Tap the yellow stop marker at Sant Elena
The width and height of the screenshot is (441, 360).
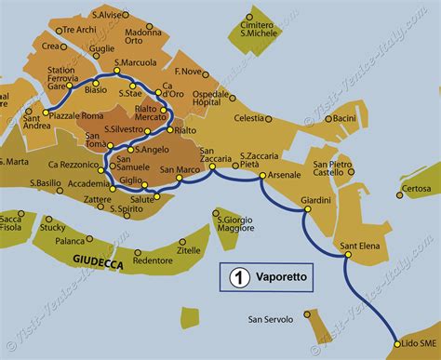coord(346,255)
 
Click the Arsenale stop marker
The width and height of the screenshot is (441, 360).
coord(262,176)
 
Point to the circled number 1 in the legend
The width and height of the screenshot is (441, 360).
coord(237,277)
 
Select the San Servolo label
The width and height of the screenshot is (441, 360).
coord(270,319)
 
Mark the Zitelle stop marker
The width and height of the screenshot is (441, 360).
coord(175,241)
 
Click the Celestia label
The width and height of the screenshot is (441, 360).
coord(249,118)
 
